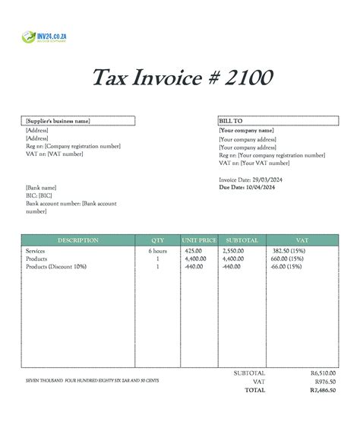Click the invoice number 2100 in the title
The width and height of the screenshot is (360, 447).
[246, 78]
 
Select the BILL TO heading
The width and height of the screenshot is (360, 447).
[230, 121]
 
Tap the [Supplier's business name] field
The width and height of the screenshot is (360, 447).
[58, 121]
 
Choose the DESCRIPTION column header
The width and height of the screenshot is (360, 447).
[77, 240]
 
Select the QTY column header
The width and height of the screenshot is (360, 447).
[157, 240]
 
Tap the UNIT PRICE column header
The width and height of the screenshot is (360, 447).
[199, 240]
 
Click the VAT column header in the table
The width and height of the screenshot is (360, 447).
[302, 240]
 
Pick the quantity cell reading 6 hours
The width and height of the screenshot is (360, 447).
[157, 251]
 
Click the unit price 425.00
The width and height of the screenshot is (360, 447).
[193, 251]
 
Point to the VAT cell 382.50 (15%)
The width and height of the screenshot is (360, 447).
[288, 251]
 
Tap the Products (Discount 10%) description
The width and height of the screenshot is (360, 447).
[56, 267]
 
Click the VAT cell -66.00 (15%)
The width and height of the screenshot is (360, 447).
[288, 267]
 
